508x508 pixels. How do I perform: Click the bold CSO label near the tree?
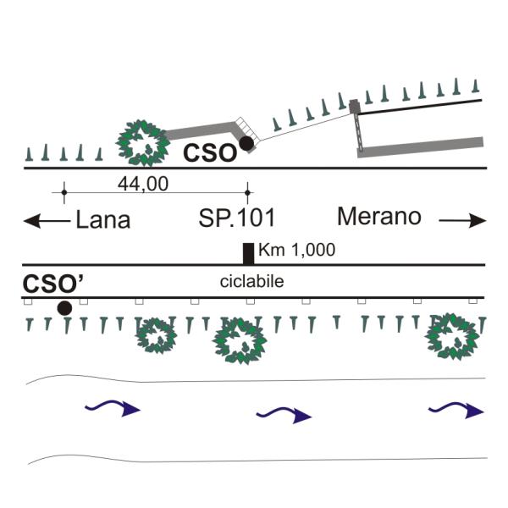click(x=210, y=153)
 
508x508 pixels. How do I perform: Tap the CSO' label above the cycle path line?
click(x=53, y=284)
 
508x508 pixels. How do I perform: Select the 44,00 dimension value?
click(x=143, y=184)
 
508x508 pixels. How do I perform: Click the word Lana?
click(x=103, y=220)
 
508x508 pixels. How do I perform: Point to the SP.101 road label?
click(x=237, y=218)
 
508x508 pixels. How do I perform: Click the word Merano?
click(x=379, y=216)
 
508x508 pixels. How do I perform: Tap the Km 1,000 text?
click(x=297, y=250)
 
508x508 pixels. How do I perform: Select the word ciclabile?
click(x=251, y=281)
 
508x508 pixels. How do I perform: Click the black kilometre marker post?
click(x=248, y=254)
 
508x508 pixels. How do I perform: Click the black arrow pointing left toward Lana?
click(x=47, y=221)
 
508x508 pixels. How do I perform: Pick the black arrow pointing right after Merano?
click(x=462, y=221)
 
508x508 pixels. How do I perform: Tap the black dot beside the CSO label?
click(x=246, y=144)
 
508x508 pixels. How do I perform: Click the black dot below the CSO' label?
click(x=64, y=308)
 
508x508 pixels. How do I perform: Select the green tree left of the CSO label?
click(x=142, y=143)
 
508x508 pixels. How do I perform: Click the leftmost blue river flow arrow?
click(x=113, y=407)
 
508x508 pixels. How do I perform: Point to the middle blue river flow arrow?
click(x=284, y=415)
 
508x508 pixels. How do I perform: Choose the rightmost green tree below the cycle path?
click(x=452, y=336)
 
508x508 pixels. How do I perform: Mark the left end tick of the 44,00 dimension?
click(x=64, y=192)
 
